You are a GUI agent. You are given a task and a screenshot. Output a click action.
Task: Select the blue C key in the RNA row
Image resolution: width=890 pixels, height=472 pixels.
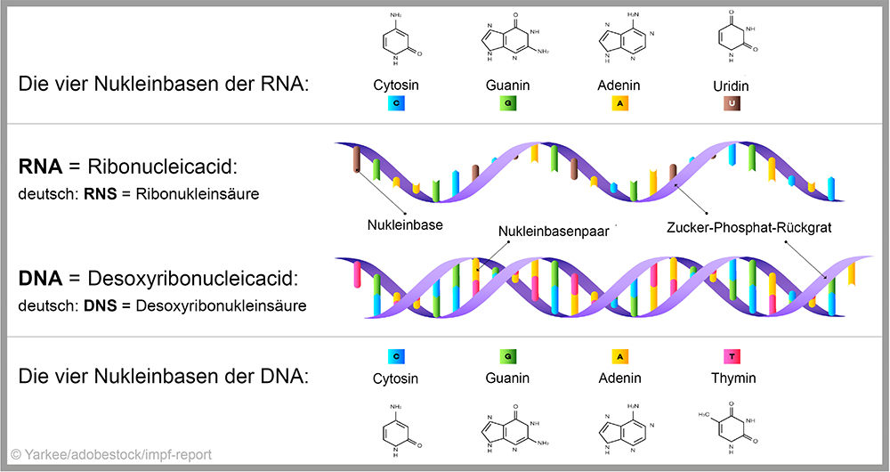point(396,103)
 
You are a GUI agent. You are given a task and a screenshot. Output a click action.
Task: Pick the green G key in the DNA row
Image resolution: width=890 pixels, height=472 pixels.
point(508,356)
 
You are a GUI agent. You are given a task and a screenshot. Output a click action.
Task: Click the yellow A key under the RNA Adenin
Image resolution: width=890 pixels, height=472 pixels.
point(619,103)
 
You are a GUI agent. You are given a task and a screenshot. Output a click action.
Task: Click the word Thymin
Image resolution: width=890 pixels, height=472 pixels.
point(734,378)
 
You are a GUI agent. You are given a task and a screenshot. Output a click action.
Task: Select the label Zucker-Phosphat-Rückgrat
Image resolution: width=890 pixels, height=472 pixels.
point(748,227)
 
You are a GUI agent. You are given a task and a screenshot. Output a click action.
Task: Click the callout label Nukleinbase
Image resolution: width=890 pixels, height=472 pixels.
point(405,225)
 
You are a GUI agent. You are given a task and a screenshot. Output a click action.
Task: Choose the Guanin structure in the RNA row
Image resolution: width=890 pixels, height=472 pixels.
point(508,43)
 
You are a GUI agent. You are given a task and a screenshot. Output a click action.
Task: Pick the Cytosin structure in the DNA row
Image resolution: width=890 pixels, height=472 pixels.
point(396,430)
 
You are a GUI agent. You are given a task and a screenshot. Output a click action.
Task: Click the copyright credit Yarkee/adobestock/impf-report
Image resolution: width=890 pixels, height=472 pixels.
point(111,455)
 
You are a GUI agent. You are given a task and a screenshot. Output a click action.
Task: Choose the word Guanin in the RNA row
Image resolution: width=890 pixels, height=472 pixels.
point(508,86)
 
